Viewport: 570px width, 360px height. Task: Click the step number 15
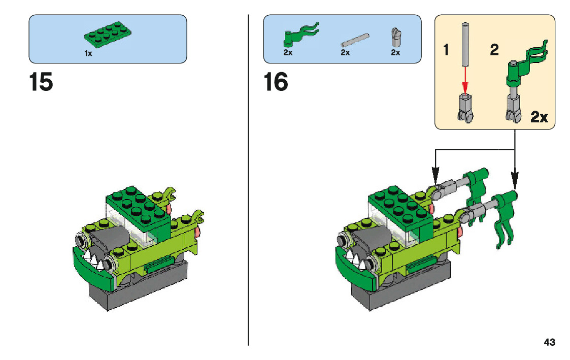point(41,83)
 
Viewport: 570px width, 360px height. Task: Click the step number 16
point(276,83)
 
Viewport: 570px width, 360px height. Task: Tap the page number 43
point(549,342)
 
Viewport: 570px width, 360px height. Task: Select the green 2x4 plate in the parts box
point(107,36)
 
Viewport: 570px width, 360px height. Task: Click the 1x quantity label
point(88,53)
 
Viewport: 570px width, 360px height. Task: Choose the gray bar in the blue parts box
point(354,40)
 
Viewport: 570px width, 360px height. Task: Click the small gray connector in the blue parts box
point(395,37)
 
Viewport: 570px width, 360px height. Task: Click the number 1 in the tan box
point(446,50)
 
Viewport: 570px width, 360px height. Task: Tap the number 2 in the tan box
point(494,50)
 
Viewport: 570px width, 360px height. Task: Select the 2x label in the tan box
point(539,118)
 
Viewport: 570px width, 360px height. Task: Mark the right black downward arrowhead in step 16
point(515,181)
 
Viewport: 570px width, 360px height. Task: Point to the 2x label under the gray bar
point(345,53)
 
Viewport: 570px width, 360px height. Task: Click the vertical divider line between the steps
point(248,203)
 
